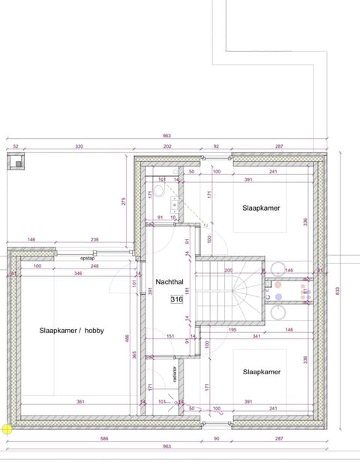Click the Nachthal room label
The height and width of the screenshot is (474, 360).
pos(169,282)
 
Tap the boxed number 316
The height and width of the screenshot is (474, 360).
pos(176,299)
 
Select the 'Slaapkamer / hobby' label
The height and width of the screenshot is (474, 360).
pos(72,330)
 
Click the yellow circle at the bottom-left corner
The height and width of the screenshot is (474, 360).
pos(7,429)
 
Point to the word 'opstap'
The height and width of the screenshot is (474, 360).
pos(88,257)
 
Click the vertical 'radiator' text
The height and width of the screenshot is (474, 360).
pos(175,374)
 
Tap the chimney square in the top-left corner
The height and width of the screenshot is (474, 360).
pos(16,162)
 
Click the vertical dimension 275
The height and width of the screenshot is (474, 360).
pos(123,202)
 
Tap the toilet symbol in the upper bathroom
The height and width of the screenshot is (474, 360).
pos(159,191)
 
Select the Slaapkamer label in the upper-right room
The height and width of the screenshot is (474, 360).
pos(261,208)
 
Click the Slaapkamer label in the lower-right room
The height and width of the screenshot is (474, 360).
pos(261,371)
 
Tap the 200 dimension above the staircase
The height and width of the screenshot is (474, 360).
pos(228,270)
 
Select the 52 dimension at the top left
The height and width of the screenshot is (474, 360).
pos(15,147)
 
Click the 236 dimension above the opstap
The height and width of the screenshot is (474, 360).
pos(94,240)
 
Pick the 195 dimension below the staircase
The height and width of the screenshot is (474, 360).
pos(232,330)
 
